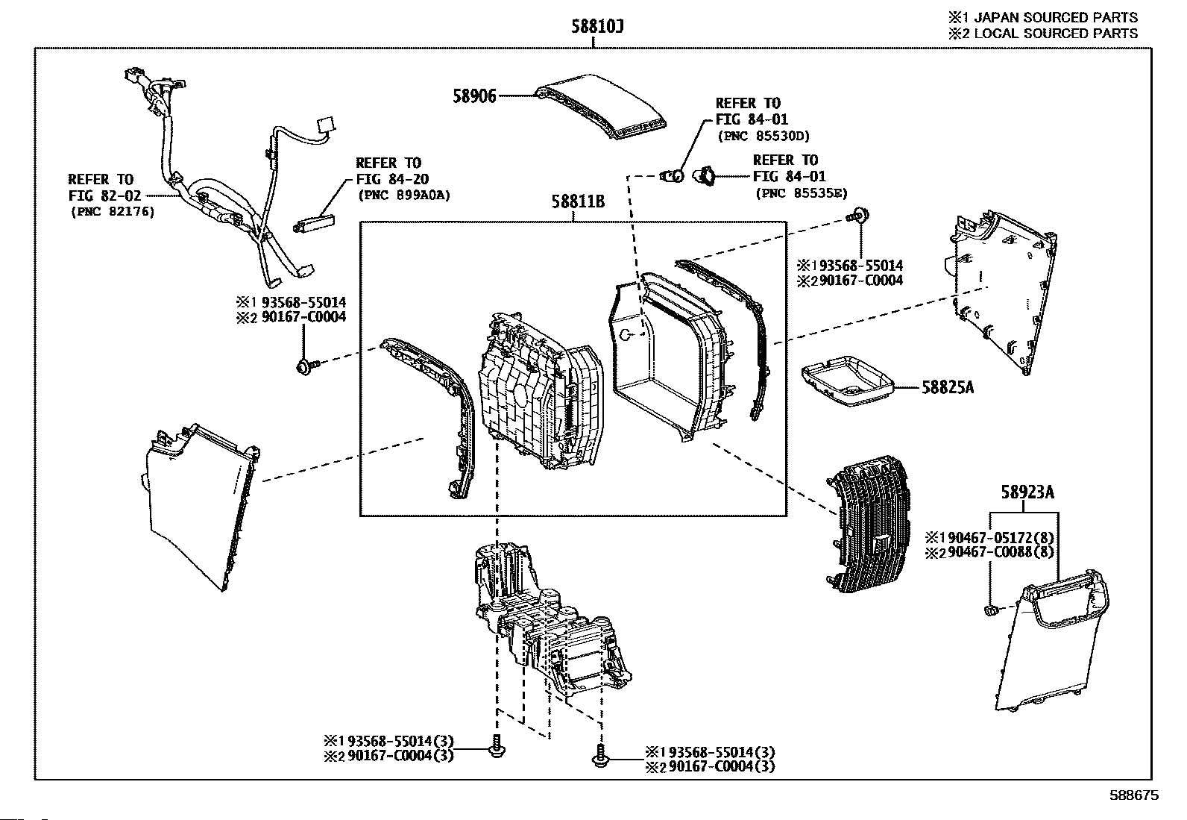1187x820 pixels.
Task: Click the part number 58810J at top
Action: point(597,27)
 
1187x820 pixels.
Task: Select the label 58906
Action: point(474,96)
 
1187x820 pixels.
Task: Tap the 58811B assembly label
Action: point(578,201)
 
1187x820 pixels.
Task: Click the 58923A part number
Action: point(1027,492)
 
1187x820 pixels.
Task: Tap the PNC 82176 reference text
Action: point(113,212)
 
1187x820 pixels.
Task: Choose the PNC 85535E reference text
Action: point(800,193)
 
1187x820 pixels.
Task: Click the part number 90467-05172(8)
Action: point(998,538)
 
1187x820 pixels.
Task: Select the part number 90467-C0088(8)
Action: point(998,553)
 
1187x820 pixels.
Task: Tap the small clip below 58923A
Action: point(991,612)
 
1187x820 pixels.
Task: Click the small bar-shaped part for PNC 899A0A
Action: point(316,222)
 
